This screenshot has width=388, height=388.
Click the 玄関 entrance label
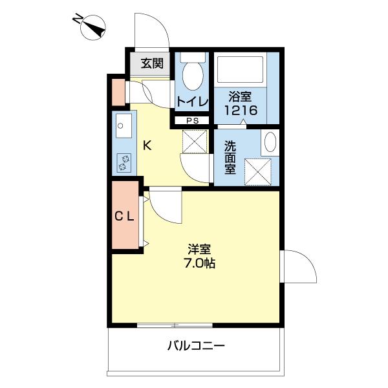point(152,63)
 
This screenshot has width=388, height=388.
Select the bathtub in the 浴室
point(240,70)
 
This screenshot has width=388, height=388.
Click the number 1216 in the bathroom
point(241,110)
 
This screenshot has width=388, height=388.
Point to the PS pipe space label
point(193,121)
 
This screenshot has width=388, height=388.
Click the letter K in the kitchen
point(147,145)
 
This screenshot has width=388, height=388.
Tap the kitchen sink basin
point(124,126)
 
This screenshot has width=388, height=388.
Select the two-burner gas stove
point(124,163)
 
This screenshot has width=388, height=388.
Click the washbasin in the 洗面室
point(270,142)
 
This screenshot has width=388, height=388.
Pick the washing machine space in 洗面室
point(258,172)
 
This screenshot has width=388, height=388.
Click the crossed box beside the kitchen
point(195,142)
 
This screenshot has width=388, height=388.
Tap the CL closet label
point(124,217)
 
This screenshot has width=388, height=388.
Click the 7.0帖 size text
point(199,264)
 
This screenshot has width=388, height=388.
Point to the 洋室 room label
point(199,249)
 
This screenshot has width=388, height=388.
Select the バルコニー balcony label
point(196,345)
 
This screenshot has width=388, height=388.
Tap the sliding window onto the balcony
point(175,325)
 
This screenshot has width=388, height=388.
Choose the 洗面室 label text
point(230,157)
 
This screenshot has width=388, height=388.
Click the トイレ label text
point(193,102)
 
